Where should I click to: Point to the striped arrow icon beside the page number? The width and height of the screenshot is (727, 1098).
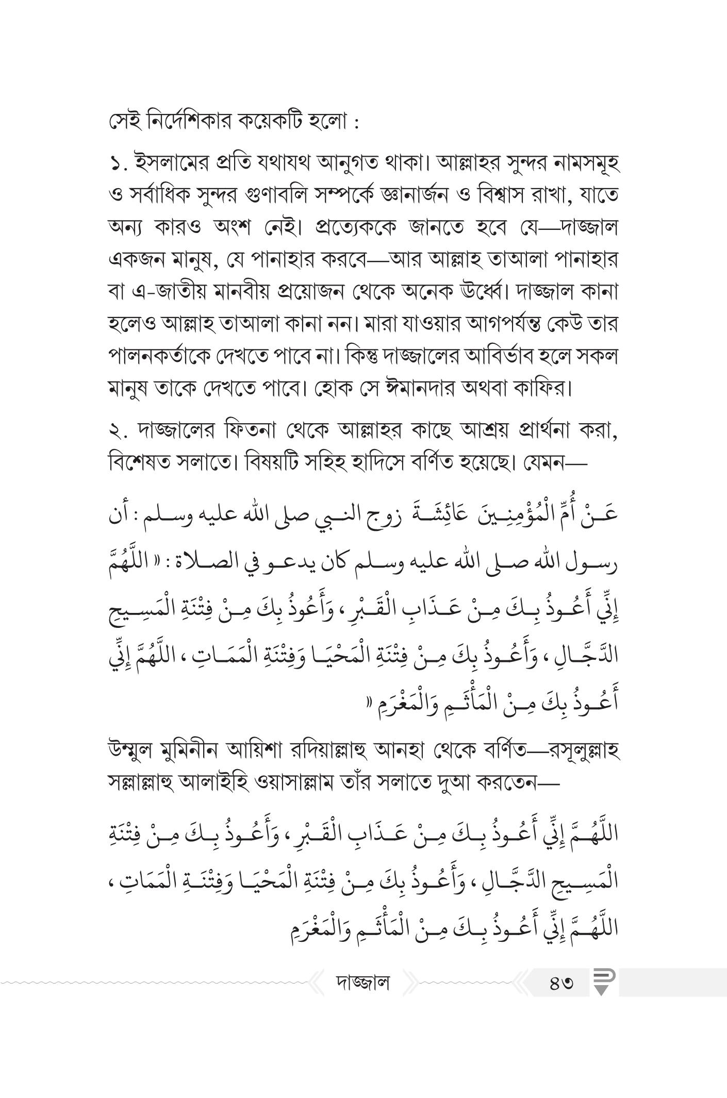point(601,983)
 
